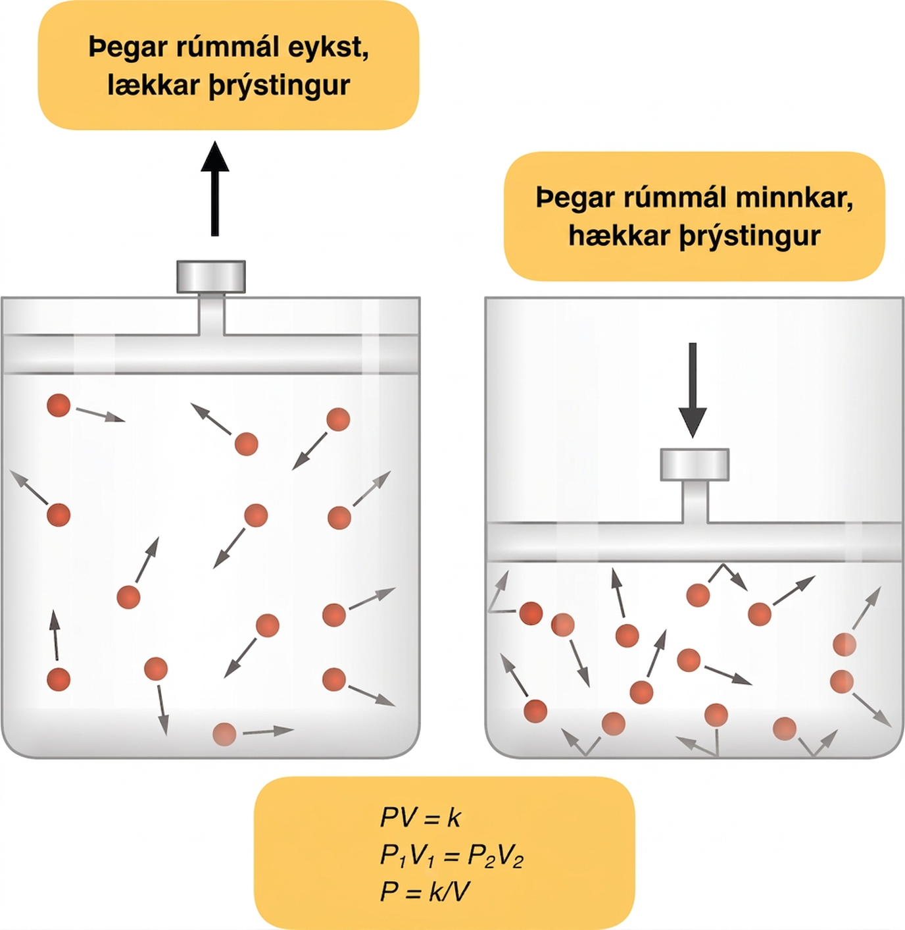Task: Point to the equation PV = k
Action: (420, 817)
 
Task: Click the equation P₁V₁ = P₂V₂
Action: (451, 856)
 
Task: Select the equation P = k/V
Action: (425, 892)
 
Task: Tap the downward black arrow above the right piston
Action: (693, 390)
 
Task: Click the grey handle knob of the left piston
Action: (211, 276)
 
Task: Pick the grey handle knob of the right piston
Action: (695, 465)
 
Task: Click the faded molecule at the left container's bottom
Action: (224, 734)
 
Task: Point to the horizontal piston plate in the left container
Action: (210, 353)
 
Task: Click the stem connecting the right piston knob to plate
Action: (695, 502)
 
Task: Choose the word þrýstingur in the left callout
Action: (280, 87)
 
